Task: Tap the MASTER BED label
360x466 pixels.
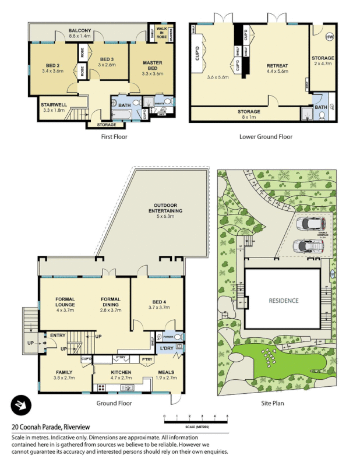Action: [151, 66]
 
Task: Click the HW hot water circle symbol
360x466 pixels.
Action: [330, 37]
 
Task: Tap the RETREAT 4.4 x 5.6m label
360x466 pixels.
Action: [277, 69]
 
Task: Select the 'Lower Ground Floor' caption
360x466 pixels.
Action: [266, 137]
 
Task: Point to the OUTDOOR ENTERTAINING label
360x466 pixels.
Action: [168, 210]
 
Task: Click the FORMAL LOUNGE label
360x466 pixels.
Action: [65, 305]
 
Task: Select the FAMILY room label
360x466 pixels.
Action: [64, 375]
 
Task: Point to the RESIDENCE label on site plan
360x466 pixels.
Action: [284, 301]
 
